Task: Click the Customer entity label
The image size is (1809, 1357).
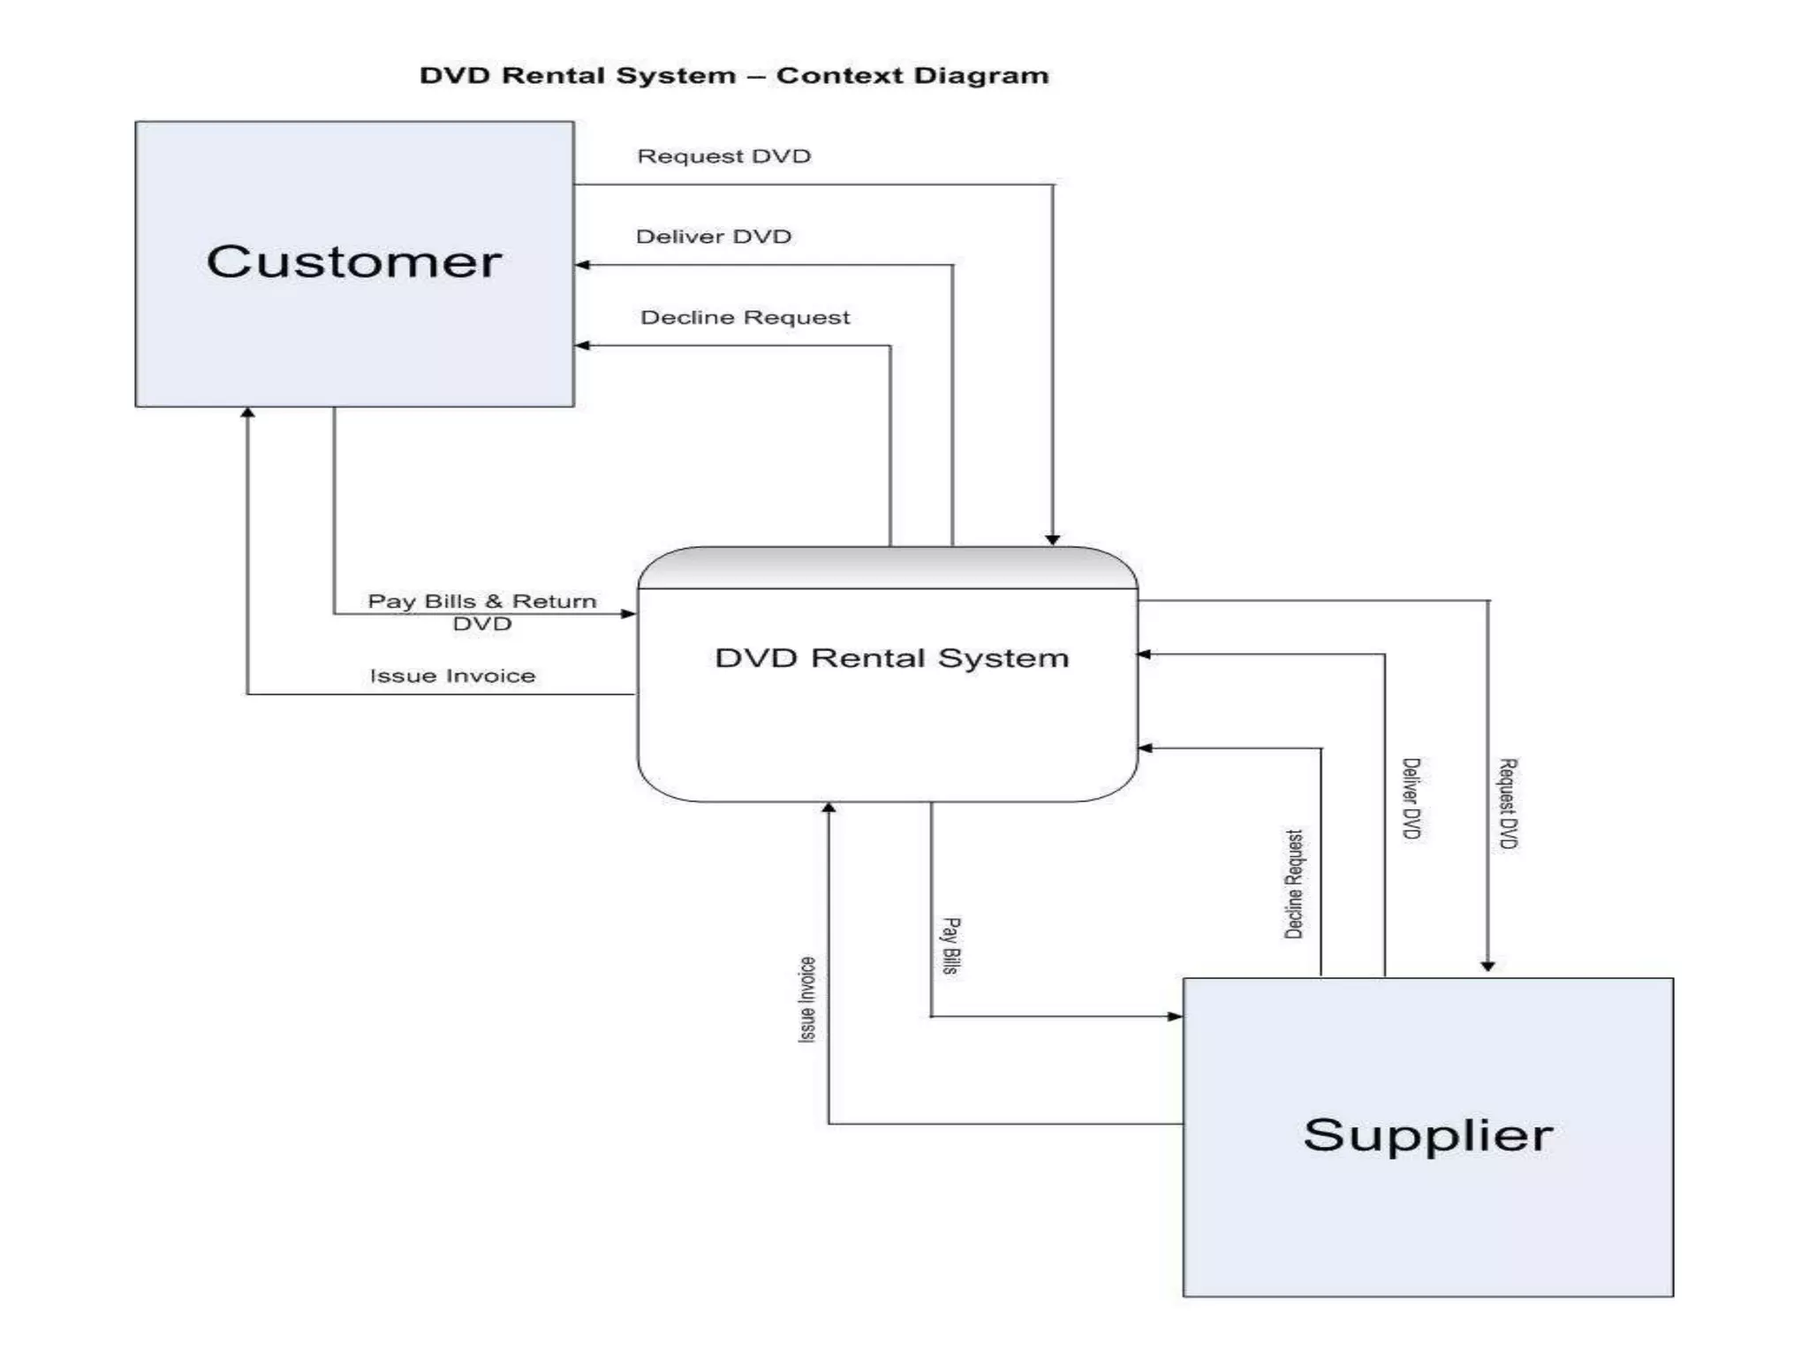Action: tap(354, 262)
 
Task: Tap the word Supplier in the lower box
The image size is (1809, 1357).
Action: tap(1427, 1135)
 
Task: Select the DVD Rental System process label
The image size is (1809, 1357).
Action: tap(891, 658)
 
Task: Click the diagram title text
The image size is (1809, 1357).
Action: tap(734, 76)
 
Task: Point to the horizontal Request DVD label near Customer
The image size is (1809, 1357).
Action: tap(723, 156)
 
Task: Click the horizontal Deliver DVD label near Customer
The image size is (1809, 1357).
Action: tap(713, 237)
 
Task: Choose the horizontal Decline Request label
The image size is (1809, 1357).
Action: tap(745, 317)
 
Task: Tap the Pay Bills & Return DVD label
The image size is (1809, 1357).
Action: tap(482, 611)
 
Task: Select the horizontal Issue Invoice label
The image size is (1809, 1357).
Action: tap(452, 676)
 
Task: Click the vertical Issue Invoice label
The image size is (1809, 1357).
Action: tap(807, 999)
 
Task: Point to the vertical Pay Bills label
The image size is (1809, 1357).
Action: tap(950, 945)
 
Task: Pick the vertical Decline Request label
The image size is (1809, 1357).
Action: tap(1293, 883)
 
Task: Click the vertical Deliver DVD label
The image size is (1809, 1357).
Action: tap(1412, 798)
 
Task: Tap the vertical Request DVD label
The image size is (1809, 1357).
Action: tap(1508, 803)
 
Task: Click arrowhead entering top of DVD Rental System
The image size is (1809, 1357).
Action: tap(1052, 540)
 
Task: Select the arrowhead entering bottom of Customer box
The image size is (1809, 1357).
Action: tap(248, 413)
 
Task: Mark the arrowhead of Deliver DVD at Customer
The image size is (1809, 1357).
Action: tap(582, 265)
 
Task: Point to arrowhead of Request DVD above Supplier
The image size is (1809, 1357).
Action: tap(1487, 967)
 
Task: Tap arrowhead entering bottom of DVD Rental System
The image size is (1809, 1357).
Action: tap(829, 807)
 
